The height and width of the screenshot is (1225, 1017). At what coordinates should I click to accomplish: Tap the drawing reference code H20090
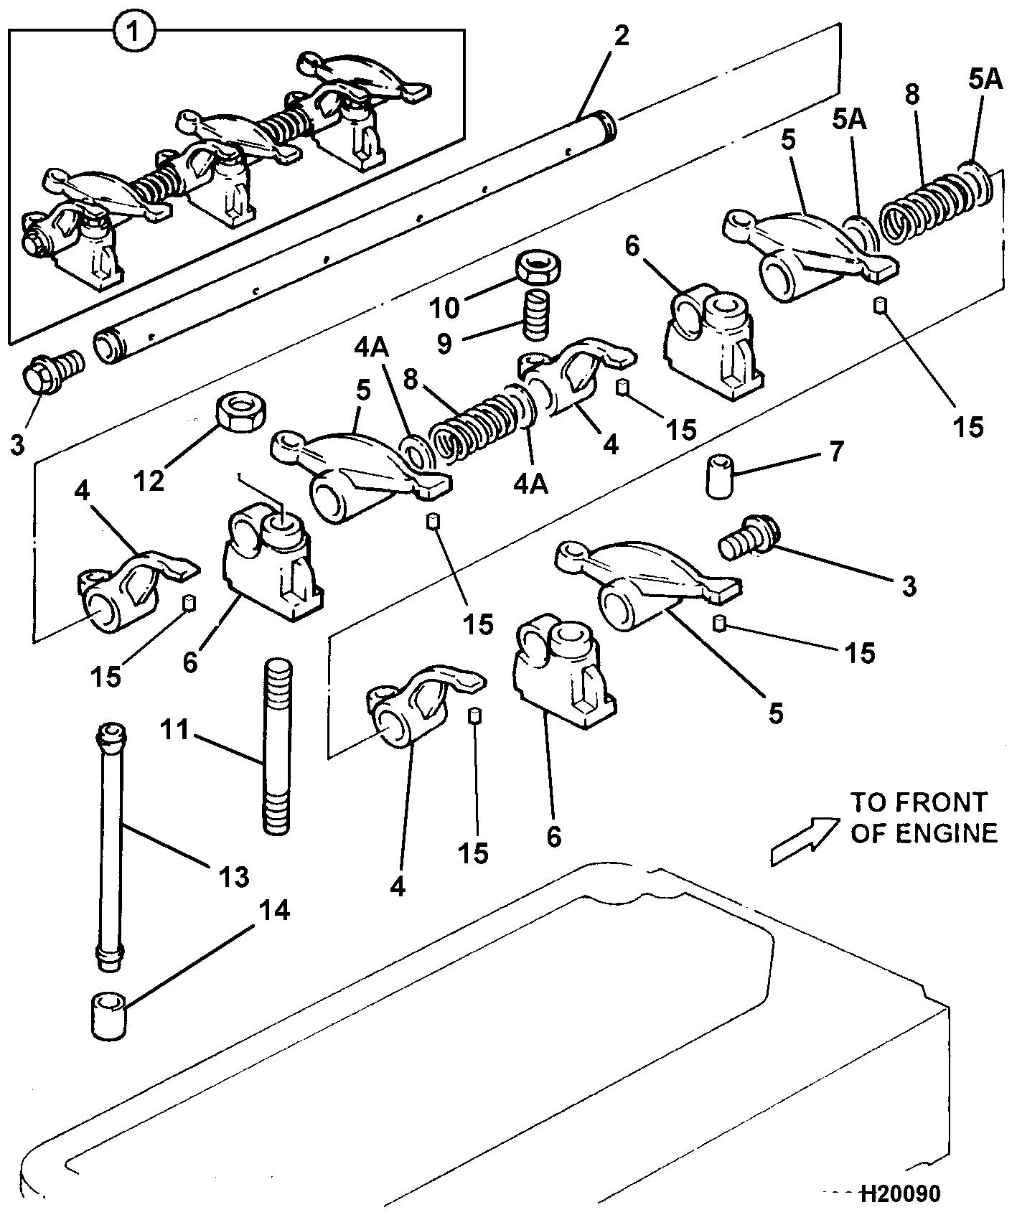point(899,1193)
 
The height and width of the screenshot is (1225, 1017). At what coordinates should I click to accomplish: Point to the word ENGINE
point(947,833)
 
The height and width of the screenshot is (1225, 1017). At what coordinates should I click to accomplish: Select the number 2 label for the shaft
point(622,34)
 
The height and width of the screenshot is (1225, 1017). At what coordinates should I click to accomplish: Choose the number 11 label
point(174,731)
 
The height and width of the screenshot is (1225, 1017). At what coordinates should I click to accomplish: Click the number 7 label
point(836,451)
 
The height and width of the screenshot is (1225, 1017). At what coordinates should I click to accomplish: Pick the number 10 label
point(444,308)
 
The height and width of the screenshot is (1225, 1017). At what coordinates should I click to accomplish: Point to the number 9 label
point(444,344)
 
